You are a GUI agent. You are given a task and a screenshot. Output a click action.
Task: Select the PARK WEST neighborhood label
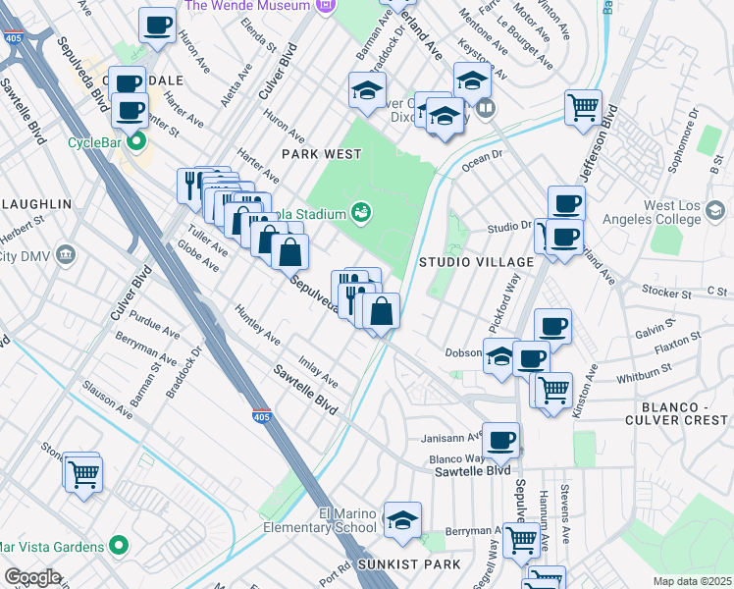[322, 154]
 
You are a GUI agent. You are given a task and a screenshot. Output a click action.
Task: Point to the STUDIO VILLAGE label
[476, 262]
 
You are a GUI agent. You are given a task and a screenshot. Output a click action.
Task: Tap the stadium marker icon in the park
[361, 211]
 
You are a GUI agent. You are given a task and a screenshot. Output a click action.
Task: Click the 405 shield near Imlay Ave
[262, 416]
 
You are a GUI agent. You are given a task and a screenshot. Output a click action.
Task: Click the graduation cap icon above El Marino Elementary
[402, 520]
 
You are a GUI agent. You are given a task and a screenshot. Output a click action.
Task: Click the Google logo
[32, 577]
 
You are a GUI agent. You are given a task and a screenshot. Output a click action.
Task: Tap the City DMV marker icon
[66, 255]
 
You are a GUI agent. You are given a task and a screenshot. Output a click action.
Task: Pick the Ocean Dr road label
[483, 155]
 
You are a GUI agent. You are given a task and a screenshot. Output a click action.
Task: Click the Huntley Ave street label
[258, 325]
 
